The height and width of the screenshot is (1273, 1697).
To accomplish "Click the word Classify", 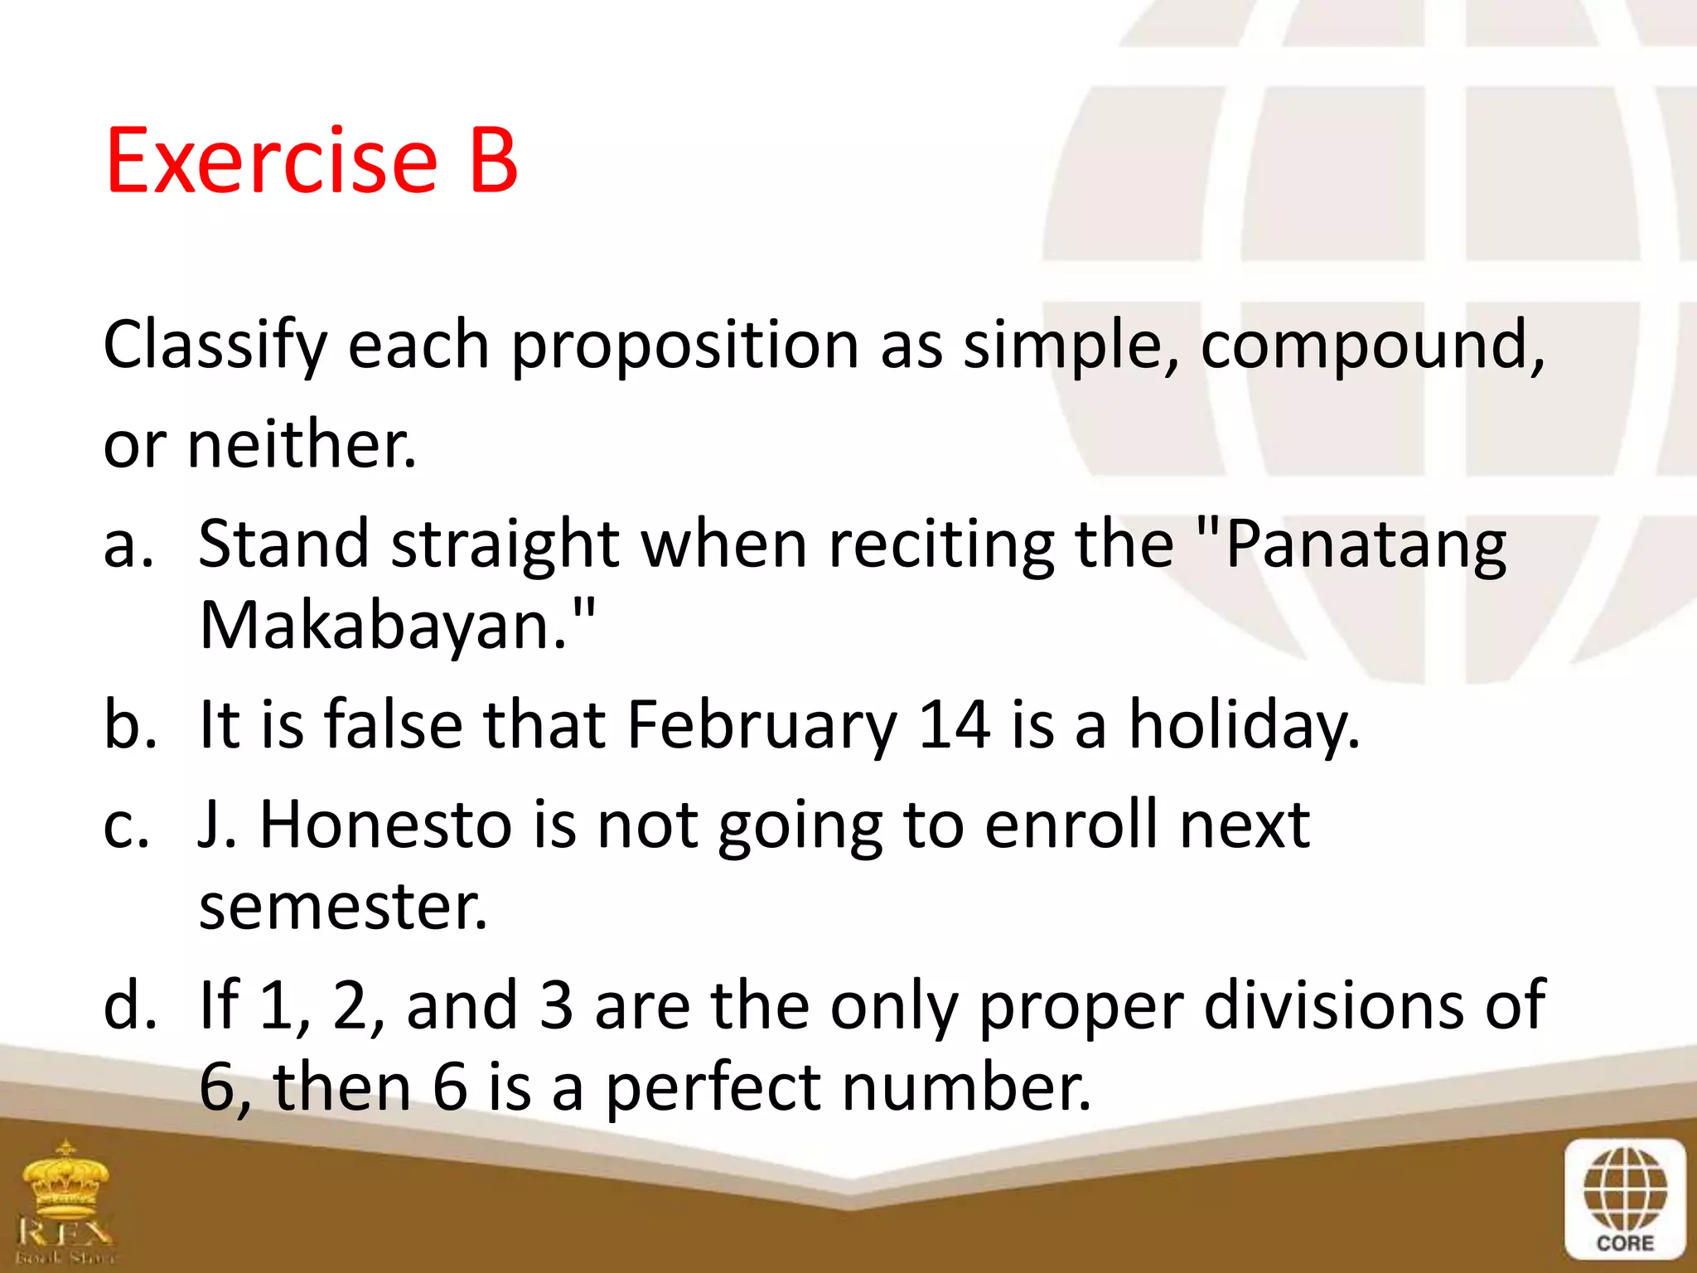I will click(215, 346).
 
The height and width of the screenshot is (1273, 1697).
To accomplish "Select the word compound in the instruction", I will click(1371, 346).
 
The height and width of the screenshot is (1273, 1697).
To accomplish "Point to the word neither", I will click(302, 445).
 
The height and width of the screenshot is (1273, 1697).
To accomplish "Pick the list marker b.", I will click(128, 725).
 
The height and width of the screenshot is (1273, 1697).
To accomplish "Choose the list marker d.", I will click(128, 1005).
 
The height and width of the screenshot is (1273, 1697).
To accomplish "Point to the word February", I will click(761, 725).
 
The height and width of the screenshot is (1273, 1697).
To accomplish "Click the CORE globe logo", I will click(1625, 1198).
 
